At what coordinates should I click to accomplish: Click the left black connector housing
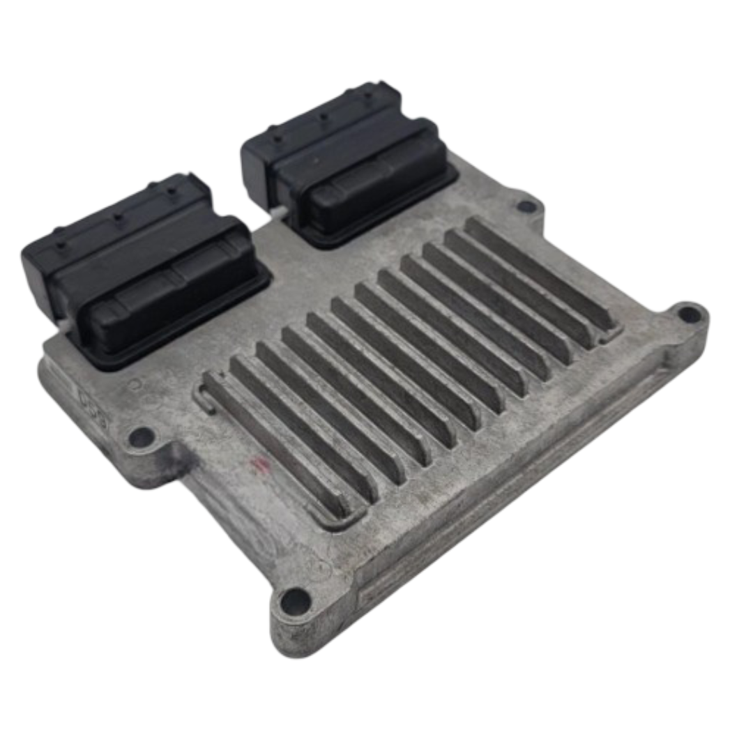(139, 265)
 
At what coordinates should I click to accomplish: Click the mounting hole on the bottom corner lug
(294, 600)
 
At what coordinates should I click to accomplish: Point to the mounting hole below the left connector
(142, 437)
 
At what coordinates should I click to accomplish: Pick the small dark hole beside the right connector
(527, 206)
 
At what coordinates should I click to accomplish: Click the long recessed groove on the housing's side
(516, 488)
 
